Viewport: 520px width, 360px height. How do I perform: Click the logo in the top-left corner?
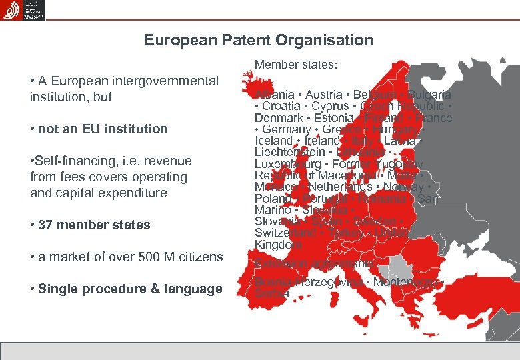pos(23,10)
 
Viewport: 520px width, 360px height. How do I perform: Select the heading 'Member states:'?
pos(296,65)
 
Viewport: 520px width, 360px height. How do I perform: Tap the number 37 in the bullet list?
pos(46,225)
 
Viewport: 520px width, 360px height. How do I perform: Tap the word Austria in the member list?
pos(324,95)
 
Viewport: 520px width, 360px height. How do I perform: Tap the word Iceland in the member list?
pos(274,141)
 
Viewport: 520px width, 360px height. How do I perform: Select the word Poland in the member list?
pos(272,199)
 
